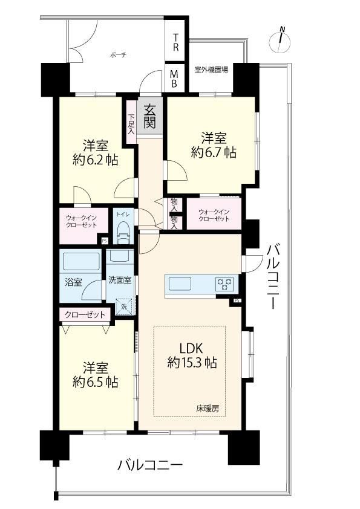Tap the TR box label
click(x=176, y=42)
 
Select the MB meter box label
click(x=174, y=79)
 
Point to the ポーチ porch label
click(x=118, y=55)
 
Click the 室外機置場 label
click(x=211, y=70)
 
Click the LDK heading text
click(x=191, y=348)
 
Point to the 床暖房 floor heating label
click(x=208, y=409)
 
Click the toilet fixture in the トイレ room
click(x=123, y=232)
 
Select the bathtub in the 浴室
click(x=81, y=261)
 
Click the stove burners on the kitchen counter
click(x=224, y=284)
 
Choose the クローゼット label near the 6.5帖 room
click(x=85, y=314)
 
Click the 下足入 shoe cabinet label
click(x=131, y=124)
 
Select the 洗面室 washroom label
click(x=120, y=280)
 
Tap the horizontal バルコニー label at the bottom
click(x=150, y=465)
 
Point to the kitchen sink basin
click(x=181, y=284)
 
